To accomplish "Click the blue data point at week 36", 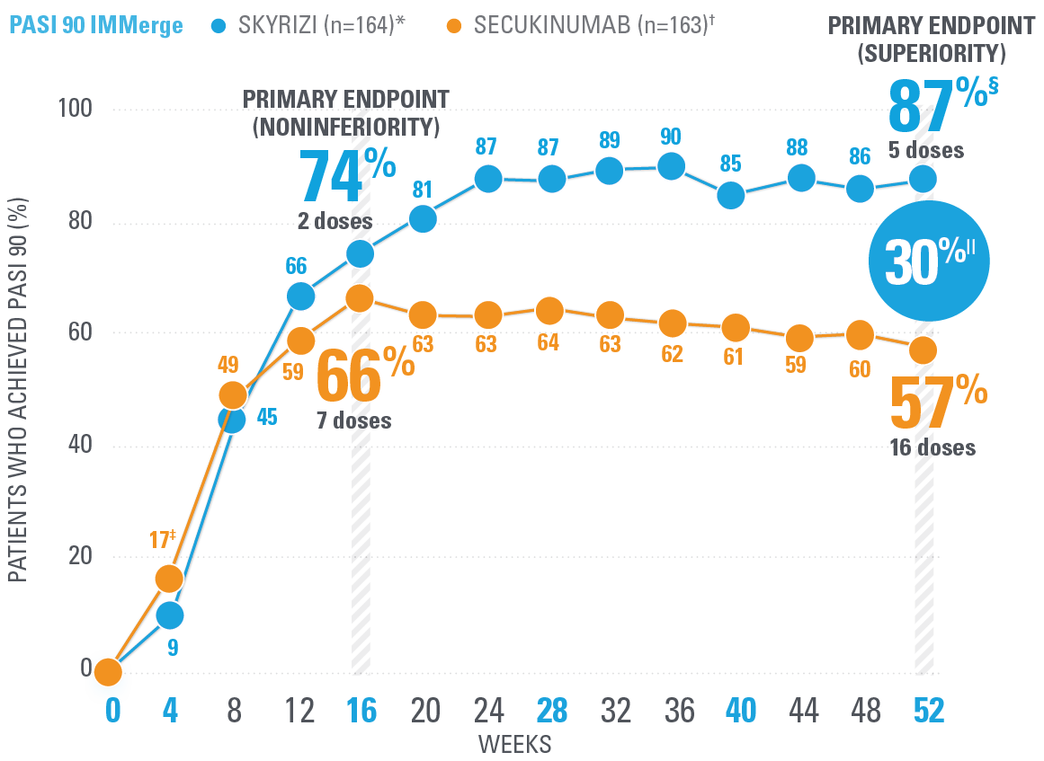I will (671, 166).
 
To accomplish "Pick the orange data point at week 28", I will (550, 311).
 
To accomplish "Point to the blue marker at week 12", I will (300, 296).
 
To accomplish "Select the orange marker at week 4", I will (169, 579).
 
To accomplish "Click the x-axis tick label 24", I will (488, 712).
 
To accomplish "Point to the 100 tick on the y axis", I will (76, 110).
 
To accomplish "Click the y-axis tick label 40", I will (81, 447).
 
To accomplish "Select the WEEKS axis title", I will (514, 745).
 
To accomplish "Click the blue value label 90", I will (671, 137).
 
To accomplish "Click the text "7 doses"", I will (353, 420).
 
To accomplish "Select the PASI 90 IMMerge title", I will (95, 25).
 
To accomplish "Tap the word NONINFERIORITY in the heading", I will (346, 126).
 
